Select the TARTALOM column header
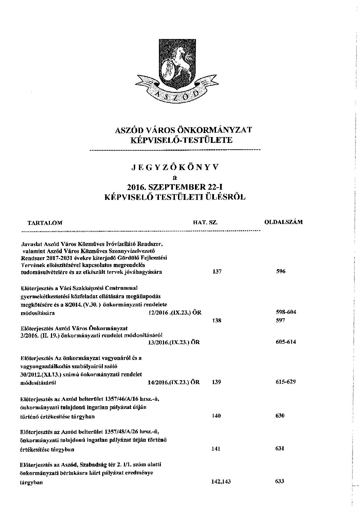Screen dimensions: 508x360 pyautogui.click(x=45, y=223)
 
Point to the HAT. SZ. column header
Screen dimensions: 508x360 pyautogui.click(x=205, y=223)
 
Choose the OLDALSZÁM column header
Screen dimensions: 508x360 pyautogui.click(x=283, y=222)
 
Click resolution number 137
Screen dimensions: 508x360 pyautogui.click(x=216, y=272)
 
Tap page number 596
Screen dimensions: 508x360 pyautogui.click(x=281, y=271)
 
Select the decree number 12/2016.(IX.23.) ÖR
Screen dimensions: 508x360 pyautogui.click(x=175, y=313)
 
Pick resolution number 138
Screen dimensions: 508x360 pyautogui.click(x=216, y=320)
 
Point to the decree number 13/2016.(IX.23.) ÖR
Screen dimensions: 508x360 pyautogui.click(x=174, y=342)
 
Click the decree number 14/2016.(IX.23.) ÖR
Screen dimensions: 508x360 pyautogui.click(x=174, y=382)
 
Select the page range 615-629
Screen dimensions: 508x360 pyautogui.click(x=286, y=382)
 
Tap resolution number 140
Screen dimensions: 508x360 pyautogui.click(x=216, y=416)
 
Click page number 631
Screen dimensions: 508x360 pyautogui.click(x=280, y=449)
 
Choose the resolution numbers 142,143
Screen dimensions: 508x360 pyautogui.click(x=221, y=482)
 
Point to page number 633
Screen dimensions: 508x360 pyautogui.click(x=280, y=481)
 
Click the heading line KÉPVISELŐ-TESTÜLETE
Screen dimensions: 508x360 pyautogui.click(x=179, y=140)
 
